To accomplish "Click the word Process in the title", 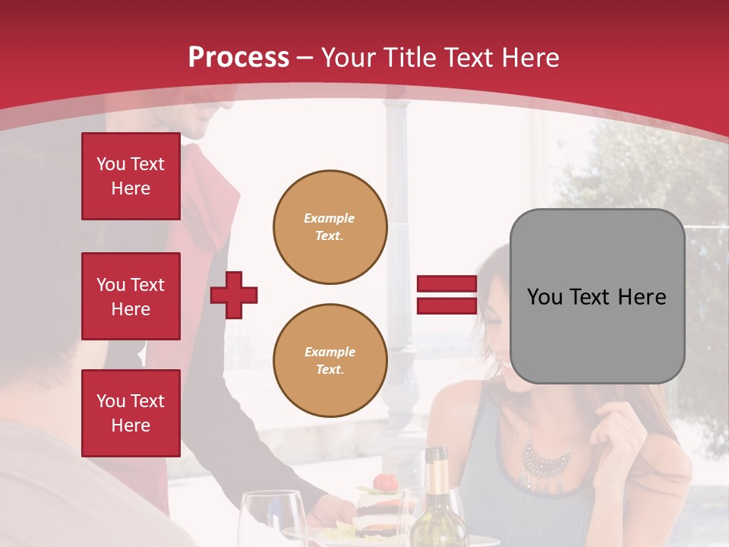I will tap(238, 58).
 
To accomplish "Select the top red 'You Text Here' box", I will tap(131, 176).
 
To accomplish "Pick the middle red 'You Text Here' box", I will tap(131, 296).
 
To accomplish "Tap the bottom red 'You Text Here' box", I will tap(131, 413).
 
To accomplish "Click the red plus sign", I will tap(233, 295).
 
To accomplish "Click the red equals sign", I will tap(447, 295).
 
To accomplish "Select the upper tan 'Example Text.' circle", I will tap(330, 227).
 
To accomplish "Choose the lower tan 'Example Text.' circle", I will tap(330, 361).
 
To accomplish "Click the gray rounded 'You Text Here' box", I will tap(597, 296).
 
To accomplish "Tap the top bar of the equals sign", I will tap(447, 284).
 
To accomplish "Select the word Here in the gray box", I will tap(642, 297).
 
